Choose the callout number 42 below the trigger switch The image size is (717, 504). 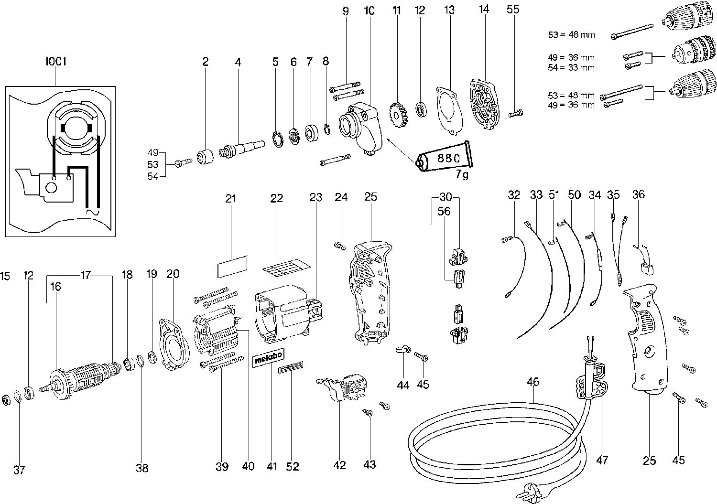(x=339, y=465)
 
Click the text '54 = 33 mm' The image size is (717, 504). (x=571, y=67)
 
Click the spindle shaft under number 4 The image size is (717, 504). (x=241, y=147)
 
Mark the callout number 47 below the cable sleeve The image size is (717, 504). (x=602, y=460)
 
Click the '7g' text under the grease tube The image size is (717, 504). (x=462, y=175)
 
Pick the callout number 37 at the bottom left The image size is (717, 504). (x=19, y=470)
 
